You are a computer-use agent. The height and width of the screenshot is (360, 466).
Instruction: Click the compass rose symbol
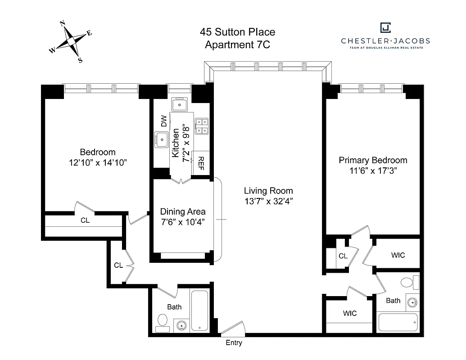[x=71, y=41]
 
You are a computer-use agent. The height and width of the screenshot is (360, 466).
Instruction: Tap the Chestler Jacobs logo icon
[x=385, y=28]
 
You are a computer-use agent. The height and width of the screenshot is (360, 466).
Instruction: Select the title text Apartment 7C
[x=237, y=45]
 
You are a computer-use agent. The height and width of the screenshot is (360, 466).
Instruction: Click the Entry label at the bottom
[x=234, y=343]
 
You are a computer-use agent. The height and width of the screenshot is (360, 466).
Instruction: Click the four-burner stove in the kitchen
[x=201, y=126]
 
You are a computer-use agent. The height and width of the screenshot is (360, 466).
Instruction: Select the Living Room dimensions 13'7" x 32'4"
[x=268, y=201]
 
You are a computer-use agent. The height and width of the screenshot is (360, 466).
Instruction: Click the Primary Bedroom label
[x=373, y=160]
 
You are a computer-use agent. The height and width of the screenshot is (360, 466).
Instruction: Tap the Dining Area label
[x=183, y=211]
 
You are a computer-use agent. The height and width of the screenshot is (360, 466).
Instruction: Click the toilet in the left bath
[x=162, y=320]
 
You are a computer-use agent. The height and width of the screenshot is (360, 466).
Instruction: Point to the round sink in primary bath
[x=411, y=302]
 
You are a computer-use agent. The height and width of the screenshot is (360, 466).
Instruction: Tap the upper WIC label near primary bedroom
[x=398, y=255]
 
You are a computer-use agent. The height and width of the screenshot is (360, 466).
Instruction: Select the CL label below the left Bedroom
[x=85, y=220]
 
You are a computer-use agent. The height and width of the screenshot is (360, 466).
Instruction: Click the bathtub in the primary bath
[x=398, y=323]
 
